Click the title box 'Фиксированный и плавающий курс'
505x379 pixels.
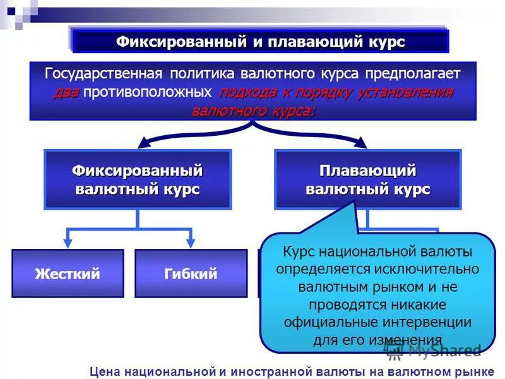coord(260,42)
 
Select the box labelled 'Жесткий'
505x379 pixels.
coord(68,274)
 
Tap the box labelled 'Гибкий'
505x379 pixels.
coord(191,274)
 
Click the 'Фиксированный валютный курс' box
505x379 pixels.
coord(138,179)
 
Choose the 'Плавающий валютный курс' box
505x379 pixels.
coord(367,179)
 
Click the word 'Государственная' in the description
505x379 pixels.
coord(107,73)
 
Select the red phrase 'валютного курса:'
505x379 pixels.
coord(252,111)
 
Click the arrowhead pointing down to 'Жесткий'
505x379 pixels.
coord(68,243)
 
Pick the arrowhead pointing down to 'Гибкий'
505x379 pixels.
coord(191,243)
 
